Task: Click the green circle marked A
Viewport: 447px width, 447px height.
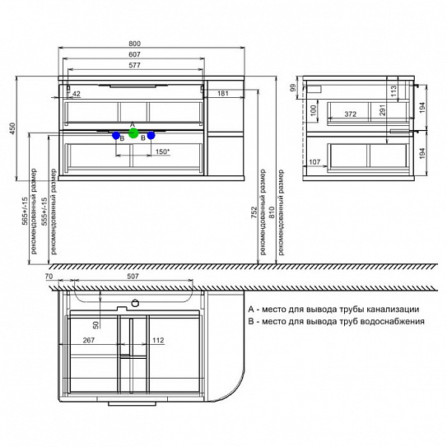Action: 133,133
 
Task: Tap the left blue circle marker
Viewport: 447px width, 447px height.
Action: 116,136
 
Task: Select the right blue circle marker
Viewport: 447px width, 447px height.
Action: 151,135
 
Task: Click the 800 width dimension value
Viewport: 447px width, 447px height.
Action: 134,44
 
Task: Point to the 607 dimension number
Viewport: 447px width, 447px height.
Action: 134,54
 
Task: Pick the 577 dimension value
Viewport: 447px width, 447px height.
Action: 134,65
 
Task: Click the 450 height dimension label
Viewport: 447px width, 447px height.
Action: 13,128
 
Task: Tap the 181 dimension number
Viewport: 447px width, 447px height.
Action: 223,93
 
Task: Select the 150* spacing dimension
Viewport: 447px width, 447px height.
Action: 162,151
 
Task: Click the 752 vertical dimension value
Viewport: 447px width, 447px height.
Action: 254,212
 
